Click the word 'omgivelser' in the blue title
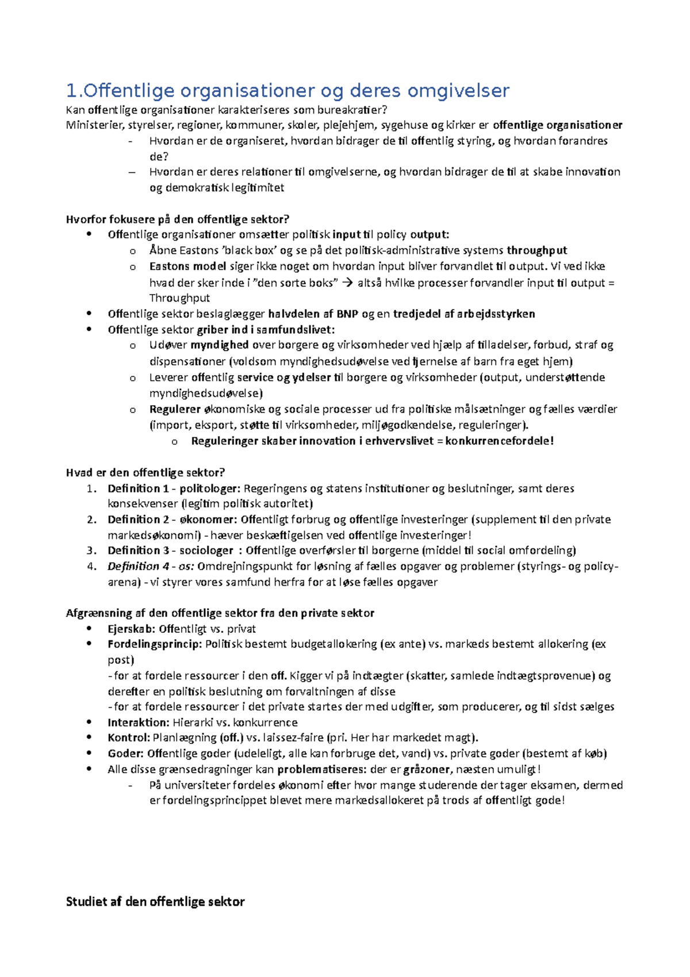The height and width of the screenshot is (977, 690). tap(458, 91)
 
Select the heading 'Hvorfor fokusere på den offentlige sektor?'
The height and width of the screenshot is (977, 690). tap(178, 219)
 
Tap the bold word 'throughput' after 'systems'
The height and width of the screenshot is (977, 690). tap(536, 250)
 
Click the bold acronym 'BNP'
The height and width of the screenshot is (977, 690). tap(347, 314)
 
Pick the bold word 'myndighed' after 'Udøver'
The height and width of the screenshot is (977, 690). tap(220, 345)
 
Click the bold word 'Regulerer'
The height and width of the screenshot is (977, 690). tap(175, 409)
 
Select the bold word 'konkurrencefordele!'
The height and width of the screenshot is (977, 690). tap(499, 441)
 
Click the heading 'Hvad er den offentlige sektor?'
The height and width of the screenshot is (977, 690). tap(145, 472)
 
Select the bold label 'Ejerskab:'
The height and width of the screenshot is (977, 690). tap(131, 629)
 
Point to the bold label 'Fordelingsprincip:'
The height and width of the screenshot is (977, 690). tap(155, 644)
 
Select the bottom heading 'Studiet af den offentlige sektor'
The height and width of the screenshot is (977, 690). tap(155, 902)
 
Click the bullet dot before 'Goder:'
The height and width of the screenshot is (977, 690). tap(89, 753)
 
